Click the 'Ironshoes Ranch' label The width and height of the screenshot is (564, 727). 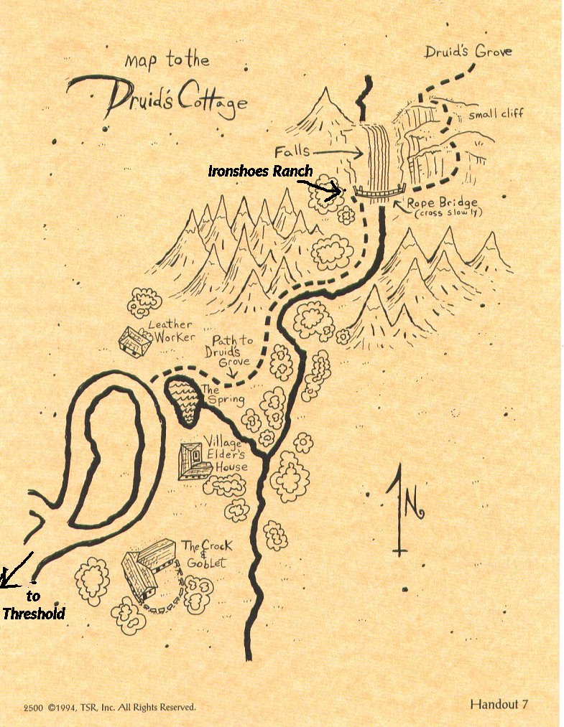pos(260,171)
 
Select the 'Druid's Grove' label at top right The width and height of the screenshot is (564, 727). pos(468,52)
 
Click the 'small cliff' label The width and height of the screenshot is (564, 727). pos(496,113)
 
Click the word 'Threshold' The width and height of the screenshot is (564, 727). pos(33,614)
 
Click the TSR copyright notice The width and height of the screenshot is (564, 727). pos(109,707)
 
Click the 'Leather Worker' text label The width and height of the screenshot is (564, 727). pos(170,331)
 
